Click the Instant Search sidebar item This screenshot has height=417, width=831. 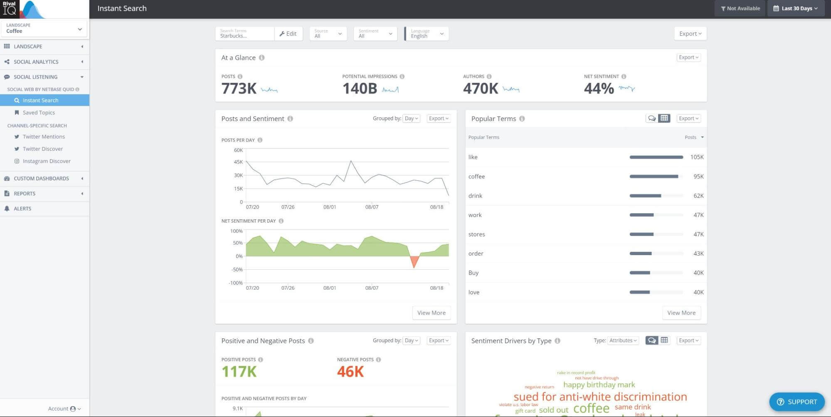pyautogui.click(x=40, y=100)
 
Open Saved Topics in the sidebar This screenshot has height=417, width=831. pyautogui.click(x=39, y=112)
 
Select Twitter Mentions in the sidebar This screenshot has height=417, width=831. pyautogui.click(x=44, y=137)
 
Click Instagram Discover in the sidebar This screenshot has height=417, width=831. pyautogui.click(x=46, y=161)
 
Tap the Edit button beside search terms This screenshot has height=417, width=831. pyautogui.click(x=288, y=34)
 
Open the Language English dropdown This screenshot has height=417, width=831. pyautogui.click(x=427, y=34)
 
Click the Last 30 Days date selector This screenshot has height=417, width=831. pyautogui.click(x=795, y=8)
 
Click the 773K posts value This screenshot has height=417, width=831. pyautogui.click(x=239, y=89)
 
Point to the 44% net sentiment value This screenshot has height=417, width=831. pyautogui.click(x=599, y=89)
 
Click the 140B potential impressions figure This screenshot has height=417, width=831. pyautogui.click(x=360, y=89)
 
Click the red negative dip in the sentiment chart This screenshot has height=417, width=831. pyautogui.click(x=414, y=261)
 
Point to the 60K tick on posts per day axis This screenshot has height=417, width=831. pyautogui.click(x=238, y=150)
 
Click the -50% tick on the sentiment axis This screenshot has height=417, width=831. pyautogui.click(x=237, y=270)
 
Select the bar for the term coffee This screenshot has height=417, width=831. pyautogui.click(x=653, y=176)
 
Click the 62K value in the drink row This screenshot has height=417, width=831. pyautogui.click(x=698, y=196)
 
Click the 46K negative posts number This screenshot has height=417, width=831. pyautogui.click(x=350, y=372)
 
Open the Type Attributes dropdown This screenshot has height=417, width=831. pyautogui.click(x=623, y=340)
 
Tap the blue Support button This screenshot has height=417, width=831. pyautogui.click(x=796, y=402)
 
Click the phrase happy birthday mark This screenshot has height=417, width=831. pyautogui.click(x=599, y=385)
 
